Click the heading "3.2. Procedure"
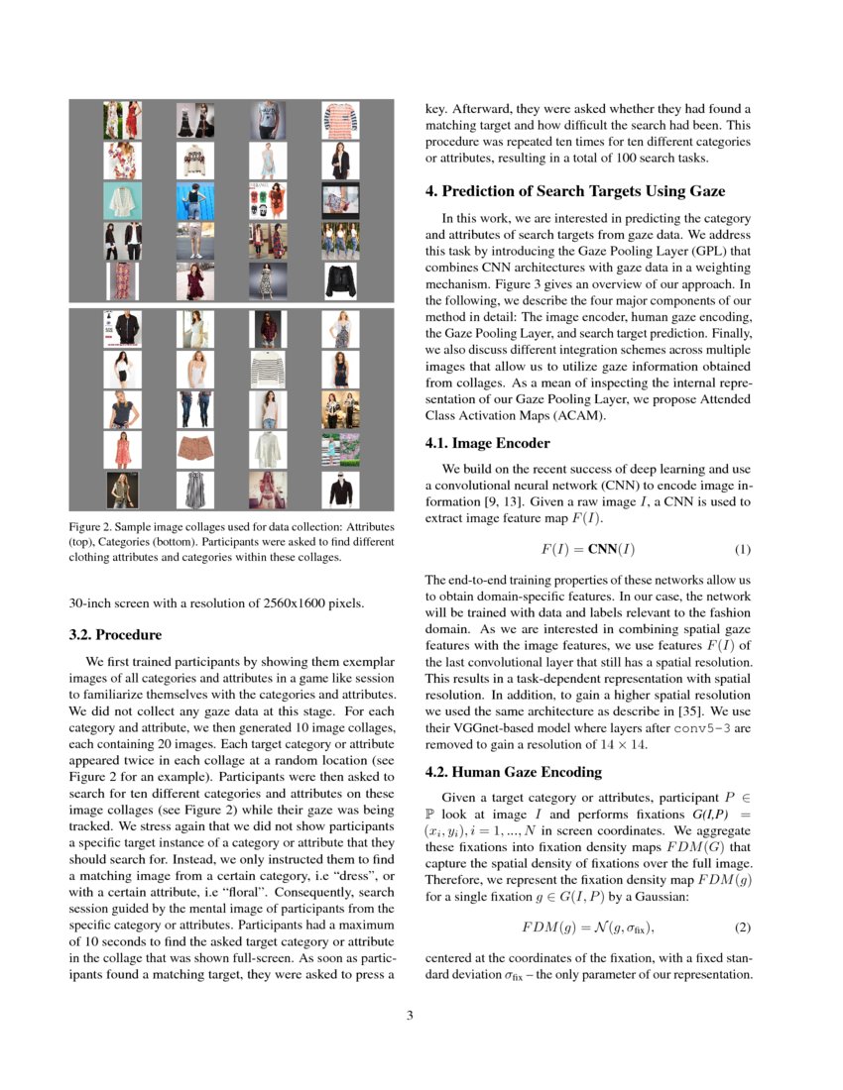pyautogui.click(x=115, y=634)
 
